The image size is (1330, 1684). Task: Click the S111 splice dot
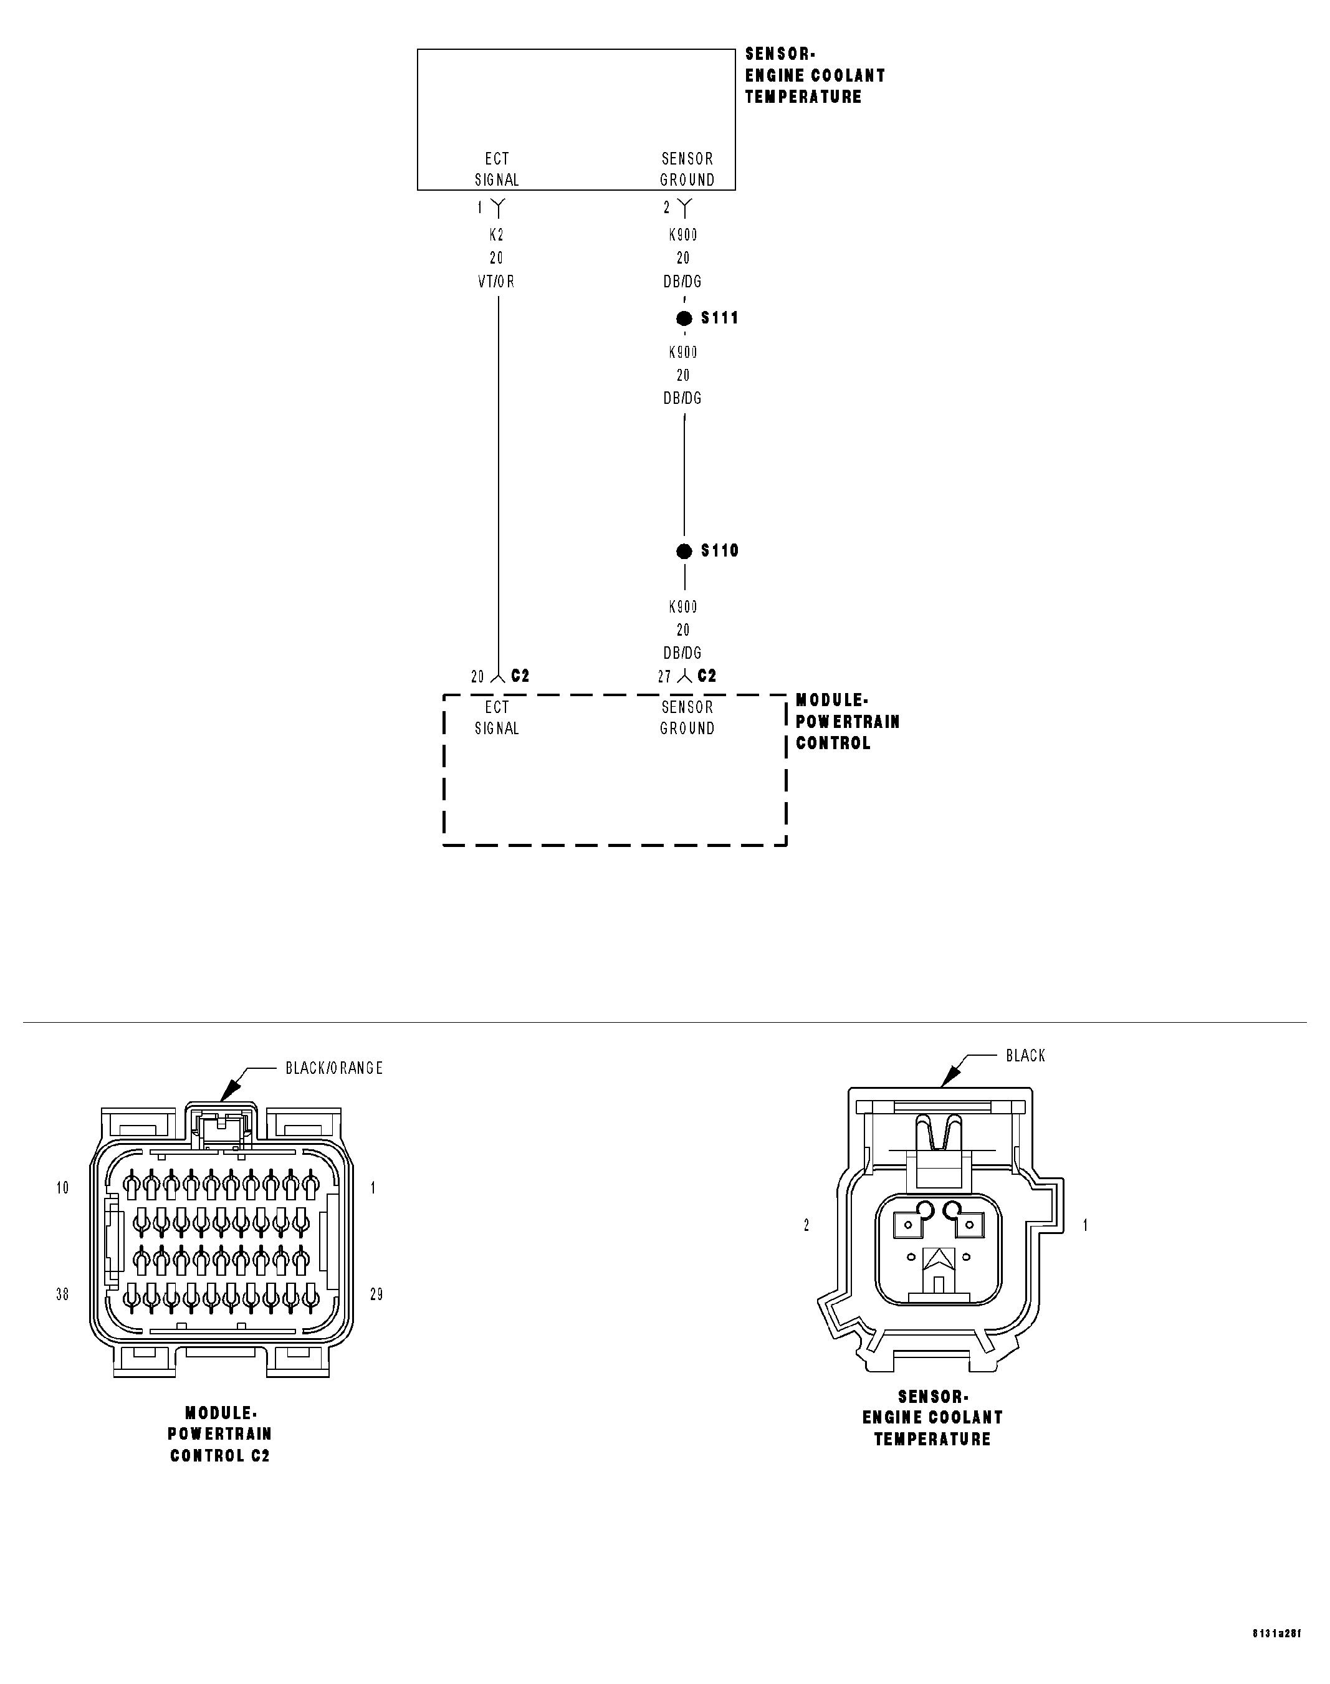[x=684, y=318]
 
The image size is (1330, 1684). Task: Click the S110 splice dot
[x=684, y=551]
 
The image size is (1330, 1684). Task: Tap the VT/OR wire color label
[x=496, y=282]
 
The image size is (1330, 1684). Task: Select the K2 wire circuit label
[x=496, y=235]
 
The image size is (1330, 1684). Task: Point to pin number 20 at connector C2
[x=477, y=677]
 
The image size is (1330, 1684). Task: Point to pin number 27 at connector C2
[x=664, y=677]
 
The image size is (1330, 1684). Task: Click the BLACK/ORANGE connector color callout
[x=334, y=1068]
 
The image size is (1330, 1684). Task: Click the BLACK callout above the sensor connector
[x=1025, y=1056]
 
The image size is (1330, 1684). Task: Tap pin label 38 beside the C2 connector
[x=62, y=1294]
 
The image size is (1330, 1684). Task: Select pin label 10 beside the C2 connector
[x=62, y=1188]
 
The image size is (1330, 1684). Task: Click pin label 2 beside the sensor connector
[x=806, y=1225]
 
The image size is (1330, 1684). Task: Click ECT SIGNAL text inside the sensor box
[x=497, y=169]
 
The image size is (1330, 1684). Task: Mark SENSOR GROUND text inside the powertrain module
[x=687, y=718]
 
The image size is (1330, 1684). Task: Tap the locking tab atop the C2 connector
[x=222, y=1126]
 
